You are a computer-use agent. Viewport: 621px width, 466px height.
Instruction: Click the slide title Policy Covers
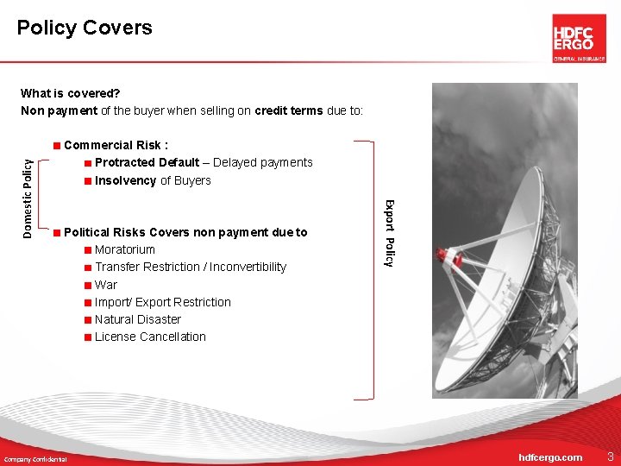(x=85, y=28)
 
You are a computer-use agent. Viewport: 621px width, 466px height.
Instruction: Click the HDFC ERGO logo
(x=579, y=38)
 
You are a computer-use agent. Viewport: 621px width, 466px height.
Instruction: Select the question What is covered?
(x=70, y=93)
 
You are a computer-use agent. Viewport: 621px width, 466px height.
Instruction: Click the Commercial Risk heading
(x=116, y=145)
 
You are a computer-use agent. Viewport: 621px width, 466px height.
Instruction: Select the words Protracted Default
(x=147, y=162)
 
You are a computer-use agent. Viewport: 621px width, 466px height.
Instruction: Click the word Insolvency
(x=126, y=180)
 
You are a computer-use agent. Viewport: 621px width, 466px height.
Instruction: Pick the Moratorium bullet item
(x=125, y=249)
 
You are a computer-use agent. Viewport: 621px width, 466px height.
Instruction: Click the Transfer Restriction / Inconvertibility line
(x=190, y=267)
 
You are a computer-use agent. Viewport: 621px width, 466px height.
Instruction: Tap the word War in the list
(x=106, y=285)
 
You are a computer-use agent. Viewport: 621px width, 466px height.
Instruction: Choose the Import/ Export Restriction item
(x=162, y=302)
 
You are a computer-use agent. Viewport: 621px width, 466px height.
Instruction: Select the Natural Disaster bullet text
(x=138, y=319)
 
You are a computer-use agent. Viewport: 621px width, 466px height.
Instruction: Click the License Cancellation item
(x=150, y=337)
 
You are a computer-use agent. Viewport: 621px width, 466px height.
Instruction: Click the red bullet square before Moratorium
(x=88, y=250)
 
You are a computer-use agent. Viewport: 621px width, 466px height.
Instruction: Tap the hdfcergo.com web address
(x=549, y=457)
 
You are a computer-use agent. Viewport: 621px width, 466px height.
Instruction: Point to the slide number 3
(x=610, y=456)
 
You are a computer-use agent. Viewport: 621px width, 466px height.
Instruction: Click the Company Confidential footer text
(x=35, y=458)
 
